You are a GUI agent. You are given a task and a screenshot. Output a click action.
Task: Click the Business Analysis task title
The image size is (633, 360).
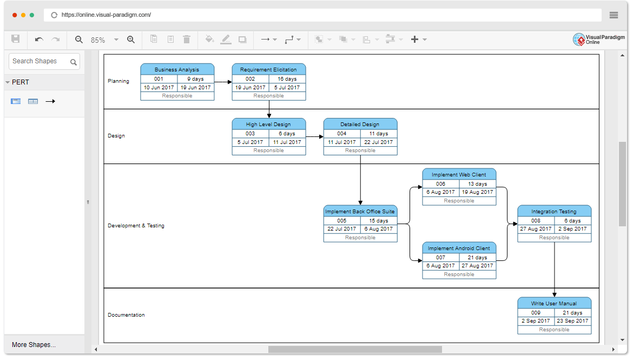pyautogui.click(x=177, y=69)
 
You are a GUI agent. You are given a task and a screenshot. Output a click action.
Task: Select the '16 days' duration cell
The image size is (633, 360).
pyautogui.click(x=287, y=79)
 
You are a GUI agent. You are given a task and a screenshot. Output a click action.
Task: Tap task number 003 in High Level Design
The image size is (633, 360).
pyautogui.click(x=250, y=133)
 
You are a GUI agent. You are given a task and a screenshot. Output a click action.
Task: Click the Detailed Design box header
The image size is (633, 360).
pyautogui.click(x=360, y=124)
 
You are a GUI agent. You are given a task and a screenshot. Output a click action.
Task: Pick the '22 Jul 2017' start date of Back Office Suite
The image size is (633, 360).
pyautogui.click(x=341, y=228)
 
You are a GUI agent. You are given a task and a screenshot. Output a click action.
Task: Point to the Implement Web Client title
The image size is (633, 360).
pyautogui.click(x=459, y=174)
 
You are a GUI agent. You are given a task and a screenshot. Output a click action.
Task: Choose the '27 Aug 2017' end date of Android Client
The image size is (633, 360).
pyautogui.click(x=477, y=265)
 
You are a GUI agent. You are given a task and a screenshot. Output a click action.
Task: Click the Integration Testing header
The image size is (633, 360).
pyautogui.click(x=554, y=211)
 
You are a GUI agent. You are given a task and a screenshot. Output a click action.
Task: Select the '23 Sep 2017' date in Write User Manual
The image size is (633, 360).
pyautogui.click(x=572, y=321)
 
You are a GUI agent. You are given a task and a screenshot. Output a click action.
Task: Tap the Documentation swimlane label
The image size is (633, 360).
pyautogui.click(x=126, y=315)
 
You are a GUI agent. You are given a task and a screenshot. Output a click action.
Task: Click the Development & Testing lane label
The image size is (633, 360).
pyautogui.click(x=136, y=225)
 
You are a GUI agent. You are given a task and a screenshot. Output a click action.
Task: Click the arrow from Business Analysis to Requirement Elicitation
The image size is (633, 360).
pyautogui.click(x=223, y=82)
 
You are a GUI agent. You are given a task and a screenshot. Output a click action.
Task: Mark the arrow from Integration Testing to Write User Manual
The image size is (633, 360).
pyautogui.click(x=554, y=270)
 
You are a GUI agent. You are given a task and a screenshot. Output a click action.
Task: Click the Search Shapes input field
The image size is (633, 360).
pyautogui.click(x=44, y=61)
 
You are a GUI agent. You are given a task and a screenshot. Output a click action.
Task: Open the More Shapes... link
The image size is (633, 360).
pyautogui.click(x=34, y=345)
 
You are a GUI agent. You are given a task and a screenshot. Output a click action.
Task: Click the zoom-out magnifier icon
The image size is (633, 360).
pyautogui.click(x=79, y=39)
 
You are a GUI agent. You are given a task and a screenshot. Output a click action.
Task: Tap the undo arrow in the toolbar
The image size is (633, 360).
pyautogui.click(x=39, y=39)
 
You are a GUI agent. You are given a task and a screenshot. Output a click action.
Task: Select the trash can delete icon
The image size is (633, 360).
pyautogui.click(x=187, y=39)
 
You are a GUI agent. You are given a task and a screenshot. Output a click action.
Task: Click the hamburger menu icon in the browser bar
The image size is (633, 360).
pyautogui.click(x=614, y=15)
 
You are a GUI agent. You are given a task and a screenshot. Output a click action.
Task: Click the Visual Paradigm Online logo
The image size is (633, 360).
pyautogui.click(x=599, y=39)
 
